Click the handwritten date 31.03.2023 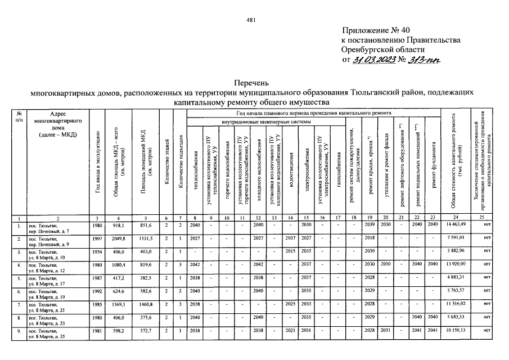pos(374,60)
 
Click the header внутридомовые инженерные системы pos(266,121)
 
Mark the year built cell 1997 pos(97,237)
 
